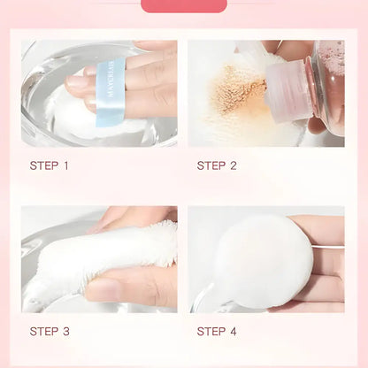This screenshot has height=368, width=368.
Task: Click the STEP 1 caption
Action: click(50, 165)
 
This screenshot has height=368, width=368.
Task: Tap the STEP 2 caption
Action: click(217, 165)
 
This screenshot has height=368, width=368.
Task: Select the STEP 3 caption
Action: click(50, 332)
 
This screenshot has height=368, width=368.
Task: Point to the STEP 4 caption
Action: click(217, 332)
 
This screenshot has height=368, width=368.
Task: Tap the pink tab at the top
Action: click(184, 5)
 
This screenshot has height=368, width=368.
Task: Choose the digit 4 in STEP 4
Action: click(234, 332)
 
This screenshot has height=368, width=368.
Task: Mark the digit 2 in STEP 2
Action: click(234, 165)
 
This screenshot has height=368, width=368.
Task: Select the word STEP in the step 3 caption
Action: click(44, 332)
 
